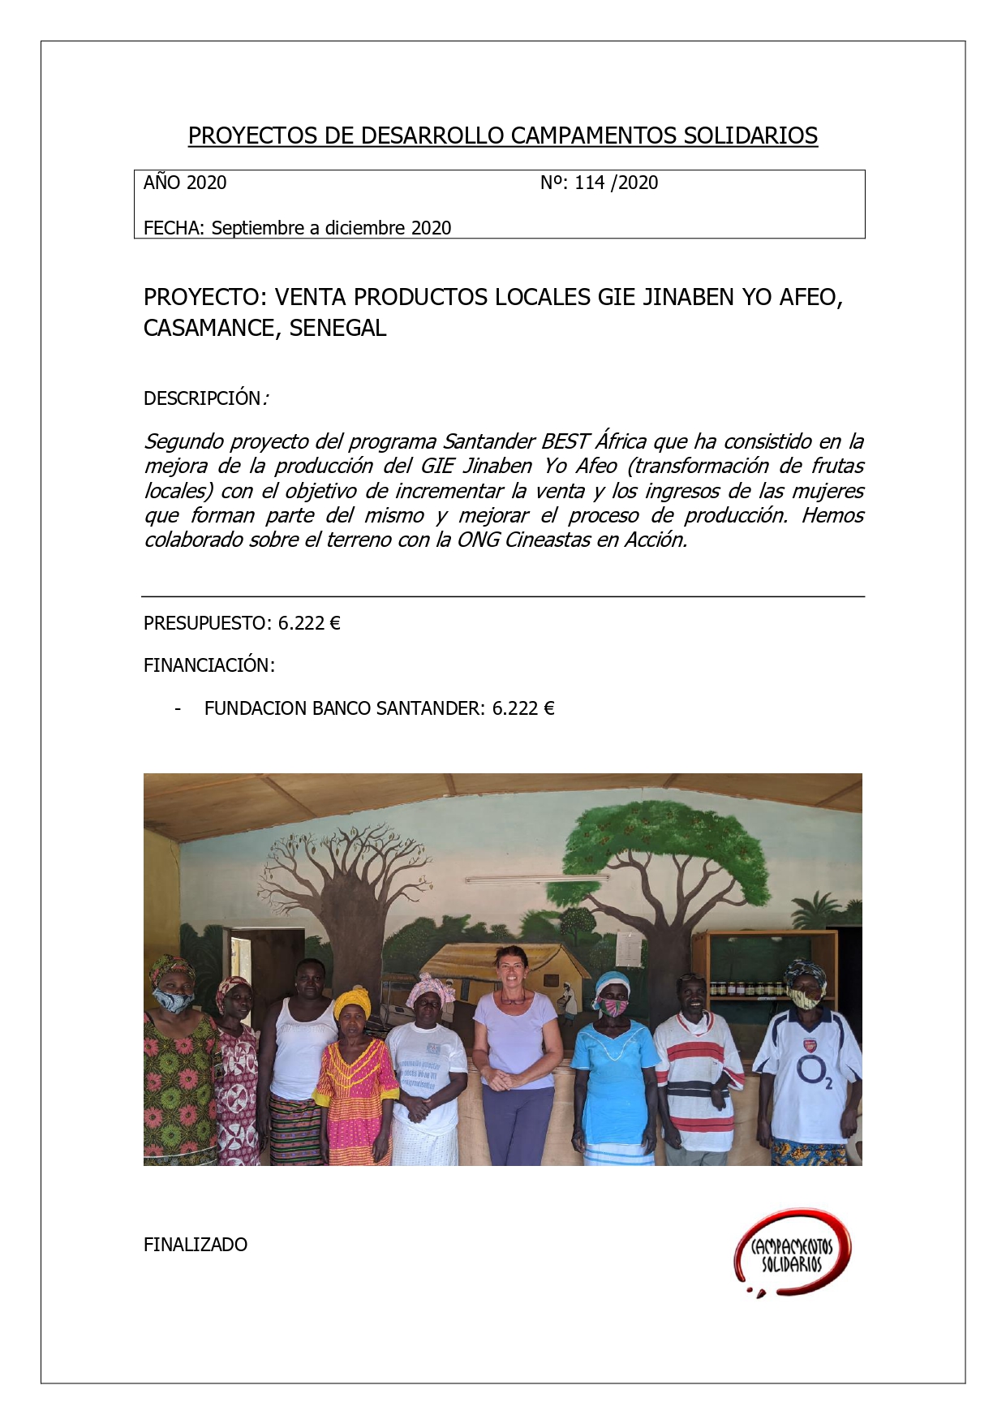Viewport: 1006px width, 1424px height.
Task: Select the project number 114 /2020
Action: click(x=616, y=183)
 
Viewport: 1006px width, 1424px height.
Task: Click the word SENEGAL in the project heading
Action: click(x=337, y=329)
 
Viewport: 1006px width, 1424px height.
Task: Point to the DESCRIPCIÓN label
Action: click(x=202, y=398)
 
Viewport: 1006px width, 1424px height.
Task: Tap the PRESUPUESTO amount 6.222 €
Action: click(x=309, y=623)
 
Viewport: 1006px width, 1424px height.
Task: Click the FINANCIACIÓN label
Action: click(x=209, y=665)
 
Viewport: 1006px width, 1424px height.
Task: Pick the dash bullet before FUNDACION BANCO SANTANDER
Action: click(x=178, y=709)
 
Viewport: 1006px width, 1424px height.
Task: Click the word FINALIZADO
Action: click(x=196, y=1245)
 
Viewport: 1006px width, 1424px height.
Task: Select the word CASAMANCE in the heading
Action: click(x=211, y=329)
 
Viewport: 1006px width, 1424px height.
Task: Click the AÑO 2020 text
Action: click(x=185, y=183)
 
